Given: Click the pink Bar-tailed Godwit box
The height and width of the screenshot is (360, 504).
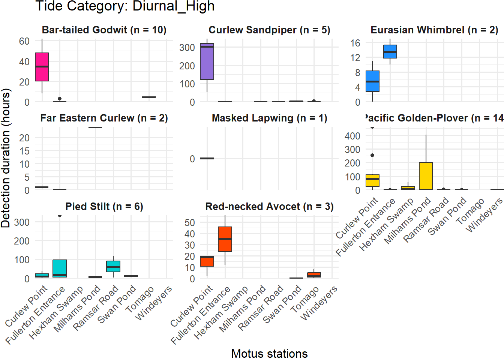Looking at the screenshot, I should pos(42,67).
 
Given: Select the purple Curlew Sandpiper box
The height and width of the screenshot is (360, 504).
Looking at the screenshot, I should pos(207,61).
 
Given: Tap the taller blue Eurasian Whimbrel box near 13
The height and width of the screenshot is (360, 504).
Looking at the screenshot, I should pos(390,51).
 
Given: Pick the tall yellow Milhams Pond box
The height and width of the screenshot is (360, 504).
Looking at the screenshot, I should pos(426,176).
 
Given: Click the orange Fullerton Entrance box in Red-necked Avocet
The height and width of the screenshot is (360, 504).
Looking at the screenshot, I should pos(225,239).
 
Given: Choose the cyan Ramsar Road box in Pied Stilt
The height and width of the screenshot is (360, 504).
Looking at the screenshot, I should pos(113,266).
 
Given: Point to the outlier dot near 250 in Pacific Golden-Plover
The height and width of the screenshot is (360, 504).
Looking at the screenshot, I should pos(372,155).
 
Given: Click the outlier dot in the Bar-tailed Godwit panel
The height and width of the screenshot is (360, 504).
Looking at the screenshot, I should pos(60,99).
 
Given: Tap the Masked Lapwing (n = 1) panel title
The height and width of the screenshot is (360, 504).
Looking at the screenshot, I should pos(269,118).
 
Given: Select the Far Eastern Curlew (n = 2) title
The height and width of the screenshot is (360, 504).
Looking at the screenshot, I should pos(104,118).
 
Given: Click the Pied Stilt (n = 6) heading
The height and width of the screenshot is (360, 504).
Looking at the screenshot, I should pos(104,207).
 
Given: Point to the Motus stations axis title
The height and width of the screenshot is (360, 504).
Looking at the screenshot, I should pos(269,353).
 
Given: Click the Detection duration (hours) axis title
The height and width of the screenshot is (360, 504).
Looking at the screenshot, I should pos(6,158).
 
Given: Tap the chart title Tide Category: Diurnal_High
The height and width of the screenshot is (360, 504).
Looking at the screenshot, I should pos(125,6).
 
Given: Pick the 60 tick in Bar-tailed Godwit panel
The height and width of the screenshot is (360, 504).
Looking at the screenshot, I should pos(24,41).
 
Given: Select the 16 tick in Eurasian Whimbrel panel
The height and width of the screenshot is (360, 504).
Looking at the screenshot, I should pos(355,43).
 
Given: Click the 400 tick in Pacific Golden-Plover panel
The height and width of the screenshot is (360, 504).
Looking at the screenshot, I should pos(352,136).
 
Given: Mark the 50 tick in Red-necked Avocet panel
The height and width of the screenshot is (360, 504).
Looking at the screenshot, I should pos(190,222).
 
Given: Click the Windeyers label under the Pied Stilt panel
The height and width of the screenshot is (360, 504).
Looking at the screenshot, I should pos(154,303).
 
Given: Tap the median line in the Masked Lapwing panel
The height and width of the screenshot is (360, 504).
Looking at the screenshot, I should pos(207,158).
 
